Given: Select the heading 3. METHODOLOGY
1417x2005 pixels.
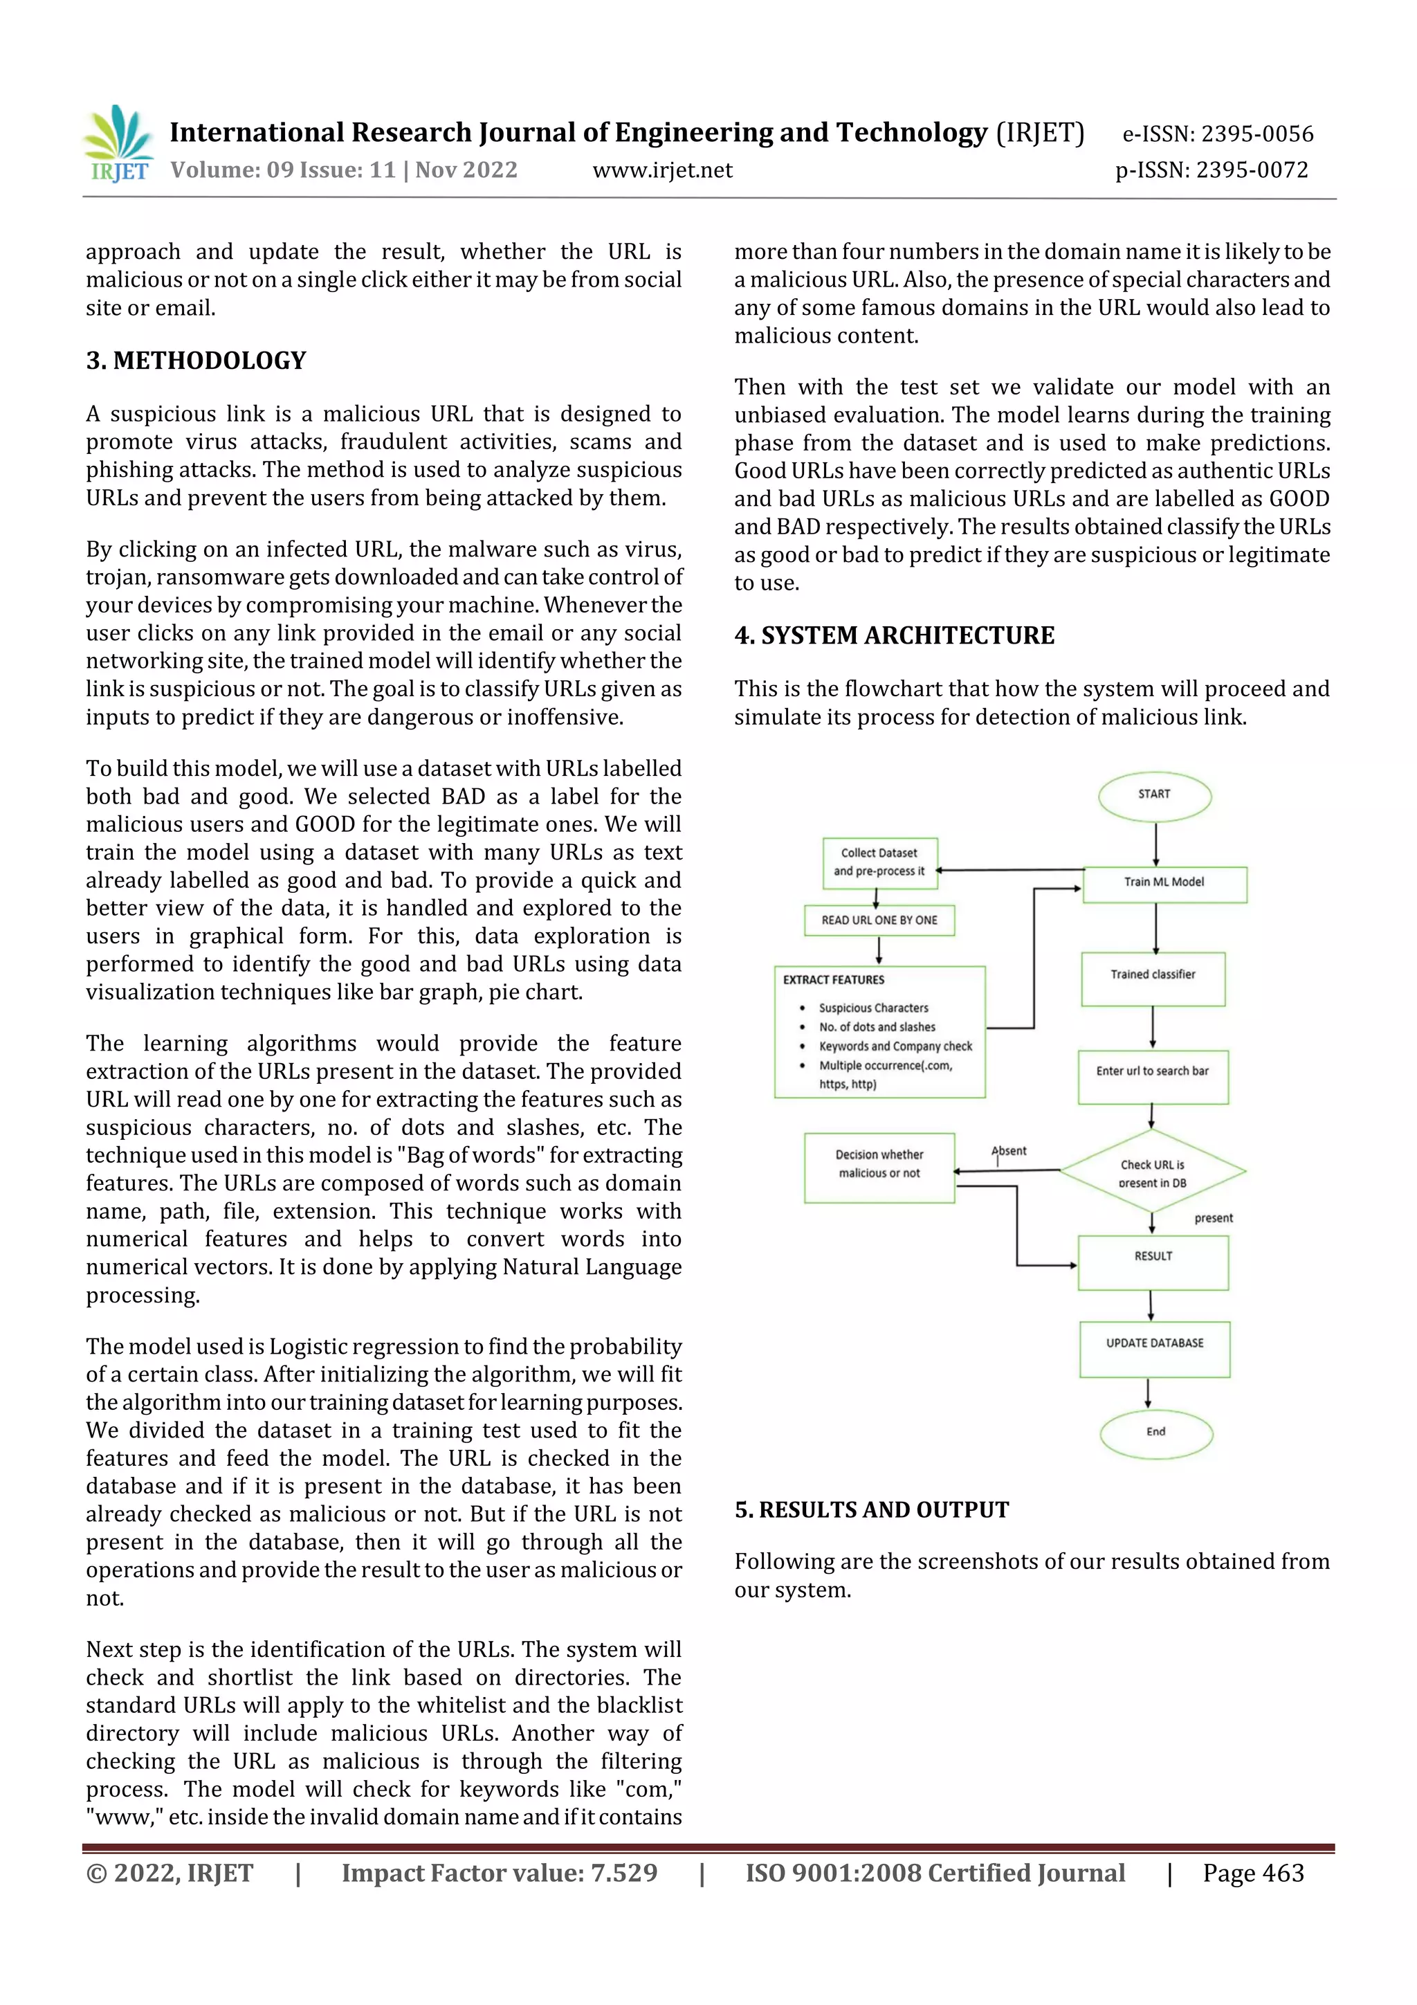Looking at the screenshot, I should (x=196, y=361).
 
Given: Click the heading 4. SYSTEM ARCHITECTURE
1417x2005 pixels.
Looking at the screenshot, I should (x=894, y=636).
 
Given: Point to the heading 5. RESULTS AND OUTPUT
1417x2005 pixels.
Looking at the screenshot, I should (x=871, y=1510).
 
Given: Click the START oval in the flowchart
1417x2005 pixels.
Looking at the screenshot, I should (x=1154, y=795).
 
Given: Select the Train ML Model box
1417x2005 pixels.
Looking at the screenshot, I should (x=1164, y=883).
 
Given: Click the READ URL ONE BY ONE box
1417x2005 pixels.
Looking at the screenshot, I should (x=879, y=920).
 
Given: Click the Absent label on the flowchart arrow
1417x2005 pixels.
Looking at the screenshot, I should (x=1009, y=1151).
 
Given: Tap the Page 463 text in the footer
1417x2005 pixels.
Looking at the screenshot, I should (x=1253, y=1872).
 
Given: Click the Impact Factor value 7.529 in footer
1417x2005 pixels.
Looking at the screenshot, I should (x=500, y=1872).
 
